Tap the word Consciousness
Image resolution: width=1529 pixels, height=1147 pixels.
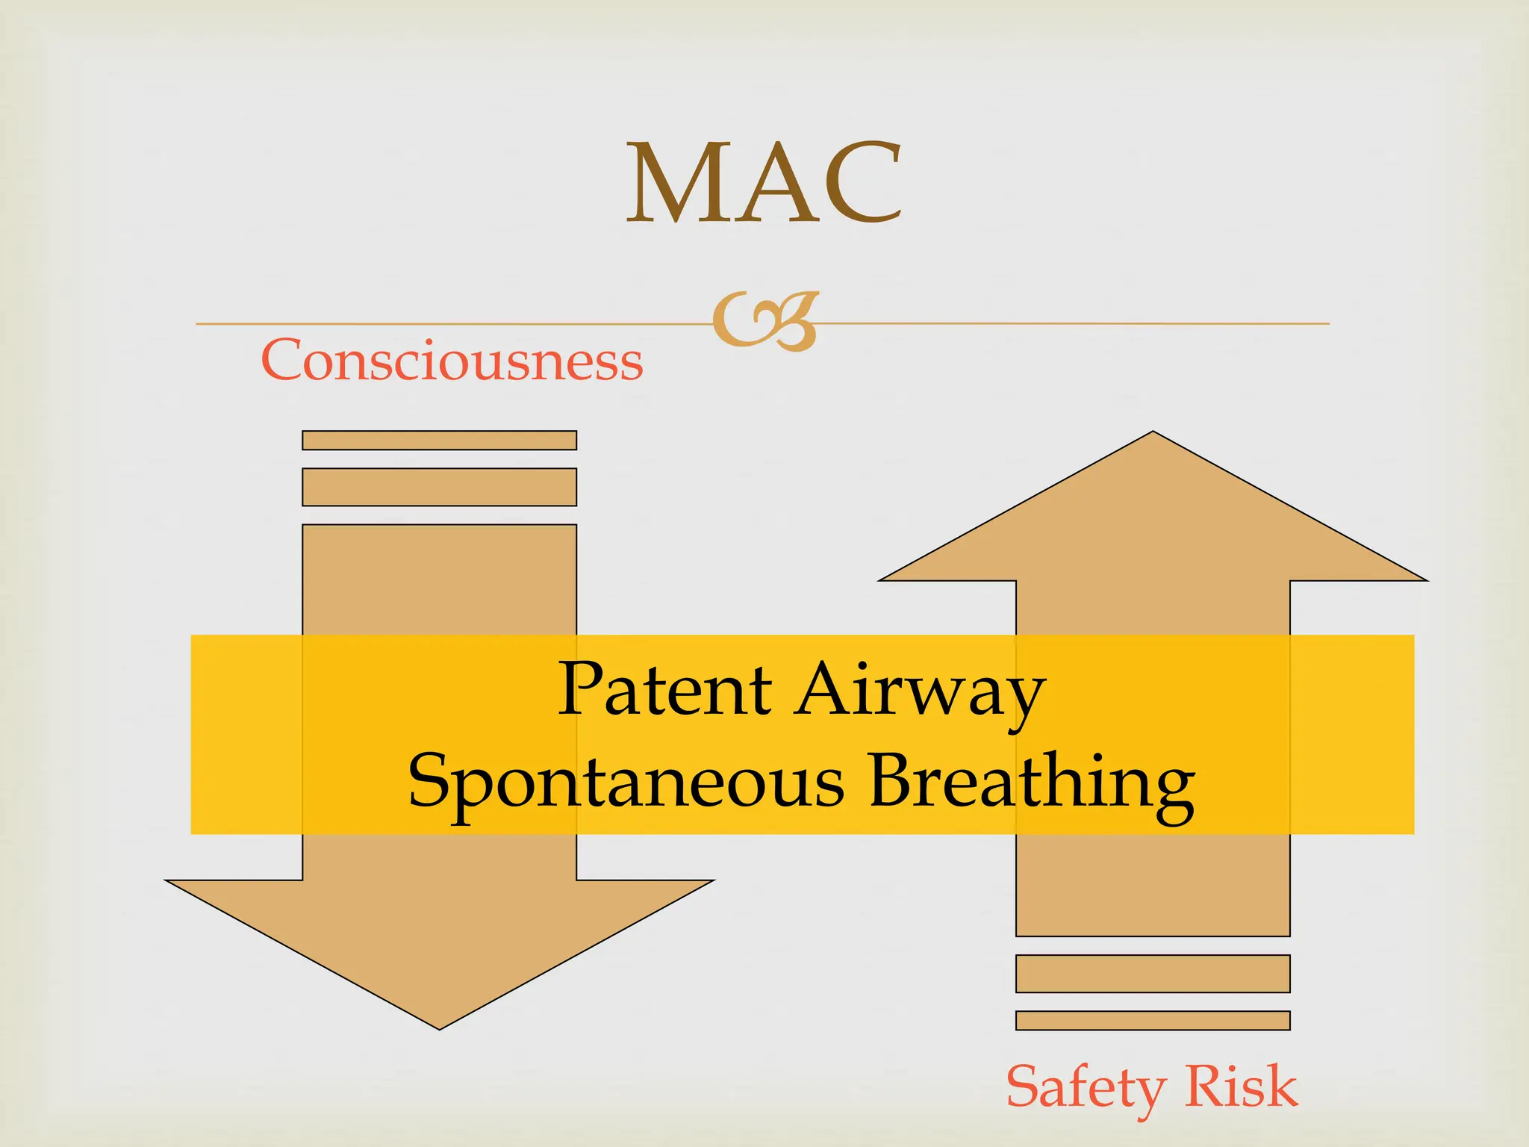coord(452,360)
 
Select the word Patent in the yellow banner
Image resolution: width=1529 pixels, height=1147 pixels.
coord(665,688)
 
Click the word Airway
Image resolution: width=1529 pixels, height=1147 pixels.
coord(920,694)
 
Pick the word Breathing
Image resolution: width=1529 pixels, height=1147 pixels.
coord(1032,785)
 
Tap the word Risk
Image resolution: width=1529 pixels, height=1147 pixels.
coord(1242,1085)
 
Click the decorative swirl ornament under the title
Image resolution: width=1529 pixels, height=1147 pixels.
coord(765,322)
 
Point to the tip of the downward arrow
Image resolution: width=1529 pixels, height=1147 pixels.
coord(440,1030)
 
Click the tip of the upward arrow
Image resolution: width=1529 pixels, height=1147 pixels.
coord(1153,431)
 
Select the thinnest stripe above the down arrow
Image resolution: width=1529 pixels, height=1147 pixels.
coord(440,441)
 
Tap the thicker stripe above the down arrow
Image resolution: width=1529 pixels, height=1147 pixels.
coord(440,487)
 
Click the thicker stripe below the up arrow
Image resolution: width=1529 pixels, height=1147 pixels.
coord(1153,974)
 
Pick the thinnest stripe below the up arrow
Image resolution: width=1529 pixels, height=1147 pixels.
coord(1153,1021)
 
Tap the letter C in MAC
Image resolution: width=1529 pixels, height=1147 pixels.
coord(862,183)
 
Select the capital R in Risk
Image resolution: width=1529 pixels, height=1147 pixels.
coord(1207,1085)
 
